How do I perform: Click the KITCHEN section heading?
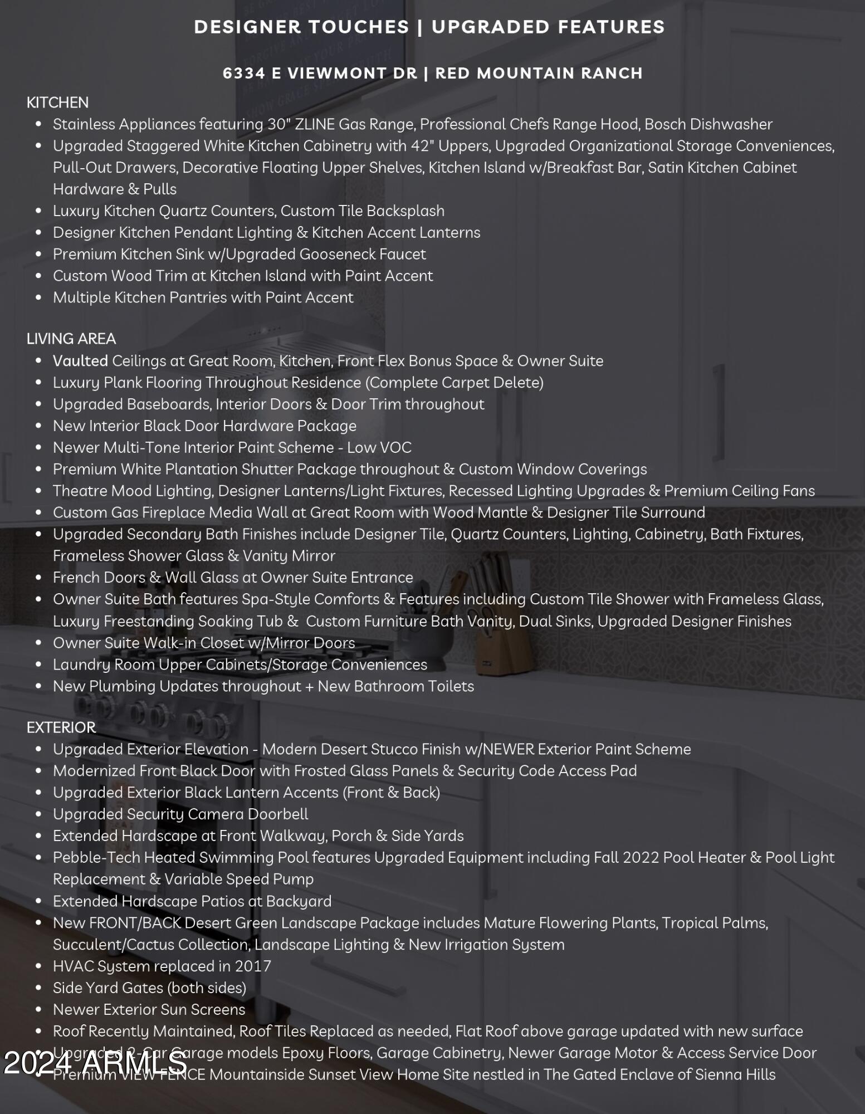point(57,102)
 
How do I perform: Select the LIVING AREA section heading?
point(71,339)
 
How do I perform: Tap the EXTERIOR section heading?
point(61,727)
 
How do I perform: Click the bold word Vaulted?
point(80,361)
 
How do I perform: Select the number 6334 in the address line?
point(244,74)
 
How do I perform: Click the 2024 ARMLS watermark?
point(95,1063)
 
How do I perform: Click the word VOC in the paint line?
point(395,448)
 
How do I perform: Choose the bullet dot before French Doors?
point(38,578)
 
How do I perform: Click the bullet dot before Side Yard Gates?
point(38,988)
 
